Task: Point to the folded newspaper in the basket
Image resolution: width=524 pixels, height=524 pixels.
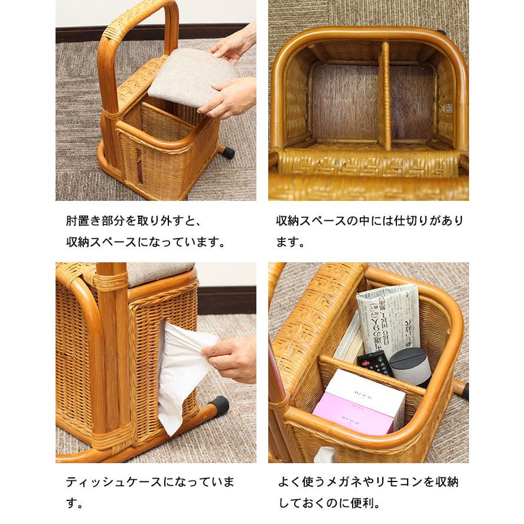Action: pyautogui.click(x=387, y=319)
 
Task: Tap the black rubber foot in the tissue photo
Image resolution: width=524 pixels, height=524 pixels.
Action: pyautogui.click(x=218, y=406)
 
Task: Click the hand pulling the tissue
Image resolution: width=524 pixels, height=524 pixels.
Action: pyautogui.click(x=230, y=357)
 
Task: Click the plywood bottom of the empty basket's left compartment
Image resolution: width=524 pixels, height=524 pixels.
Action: pyautogui.click(x=344, y=100)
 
